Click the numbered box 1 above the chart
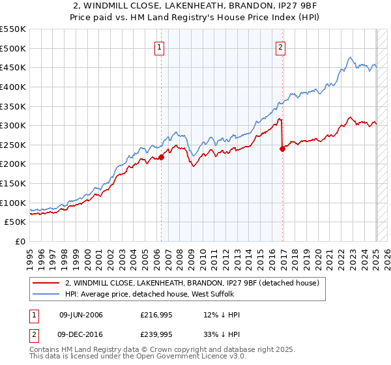point(160,47)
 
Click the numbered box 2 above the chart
point(280,47)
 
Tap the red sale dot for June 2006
point(162,157)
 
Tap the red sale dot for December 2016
point(283,149)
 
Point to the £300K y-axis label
point(13,125)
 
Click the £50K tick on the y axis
point(16,222)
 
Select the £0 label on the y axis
point(21,242)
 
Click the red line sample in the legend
point(46,284)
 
